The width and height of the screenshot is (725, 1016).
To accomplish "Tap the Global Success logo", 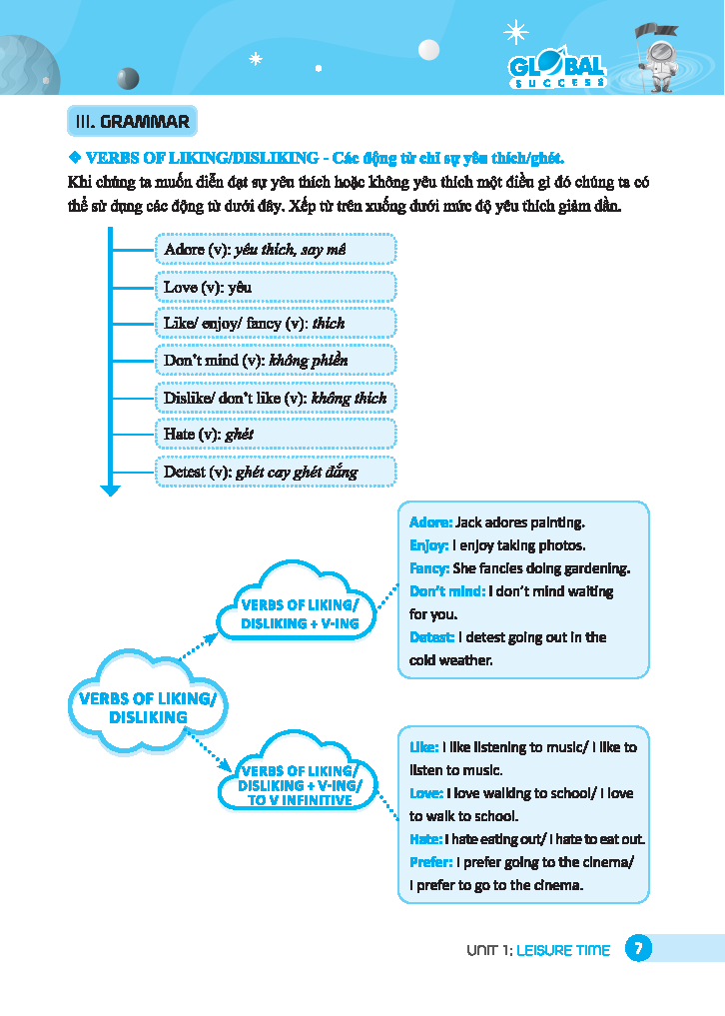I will tap(558, 70).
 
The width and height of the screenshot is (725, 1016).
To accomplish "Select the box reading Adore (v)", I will tap(276, 249).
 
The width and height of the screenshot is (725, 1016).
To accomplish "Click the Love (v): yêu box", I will tap(276, 287).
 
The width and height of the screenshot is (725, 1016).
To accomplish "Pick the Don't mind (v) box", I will tap(276, 360).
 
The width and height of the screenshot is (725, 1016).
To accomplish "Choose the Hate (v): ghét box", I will tap(276, 434).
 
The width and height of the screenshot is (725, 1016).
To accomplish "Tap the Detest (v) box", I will tap(276, 472).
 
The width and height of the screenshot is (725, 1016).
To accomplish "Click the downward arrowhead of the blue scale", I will tap(110, 490).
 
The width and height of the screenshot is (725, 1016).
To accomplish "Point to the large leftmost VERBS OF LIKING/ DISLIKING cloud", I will tap(148, 707).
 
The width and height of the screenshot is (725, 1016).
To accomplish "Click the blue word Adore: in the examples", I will tap(430, 522).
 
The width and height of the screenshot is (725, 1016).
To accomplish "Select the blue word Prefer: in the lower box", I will tap(431, 862).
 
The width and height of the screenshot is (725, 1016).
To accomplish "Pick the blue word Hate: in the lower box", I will tap(425, 839).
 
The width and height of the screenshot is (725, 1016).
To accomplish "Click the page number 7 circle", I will tap(638, 949).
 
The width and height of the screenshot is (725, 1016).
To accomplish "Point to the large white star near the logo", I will tap(516, 32).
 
